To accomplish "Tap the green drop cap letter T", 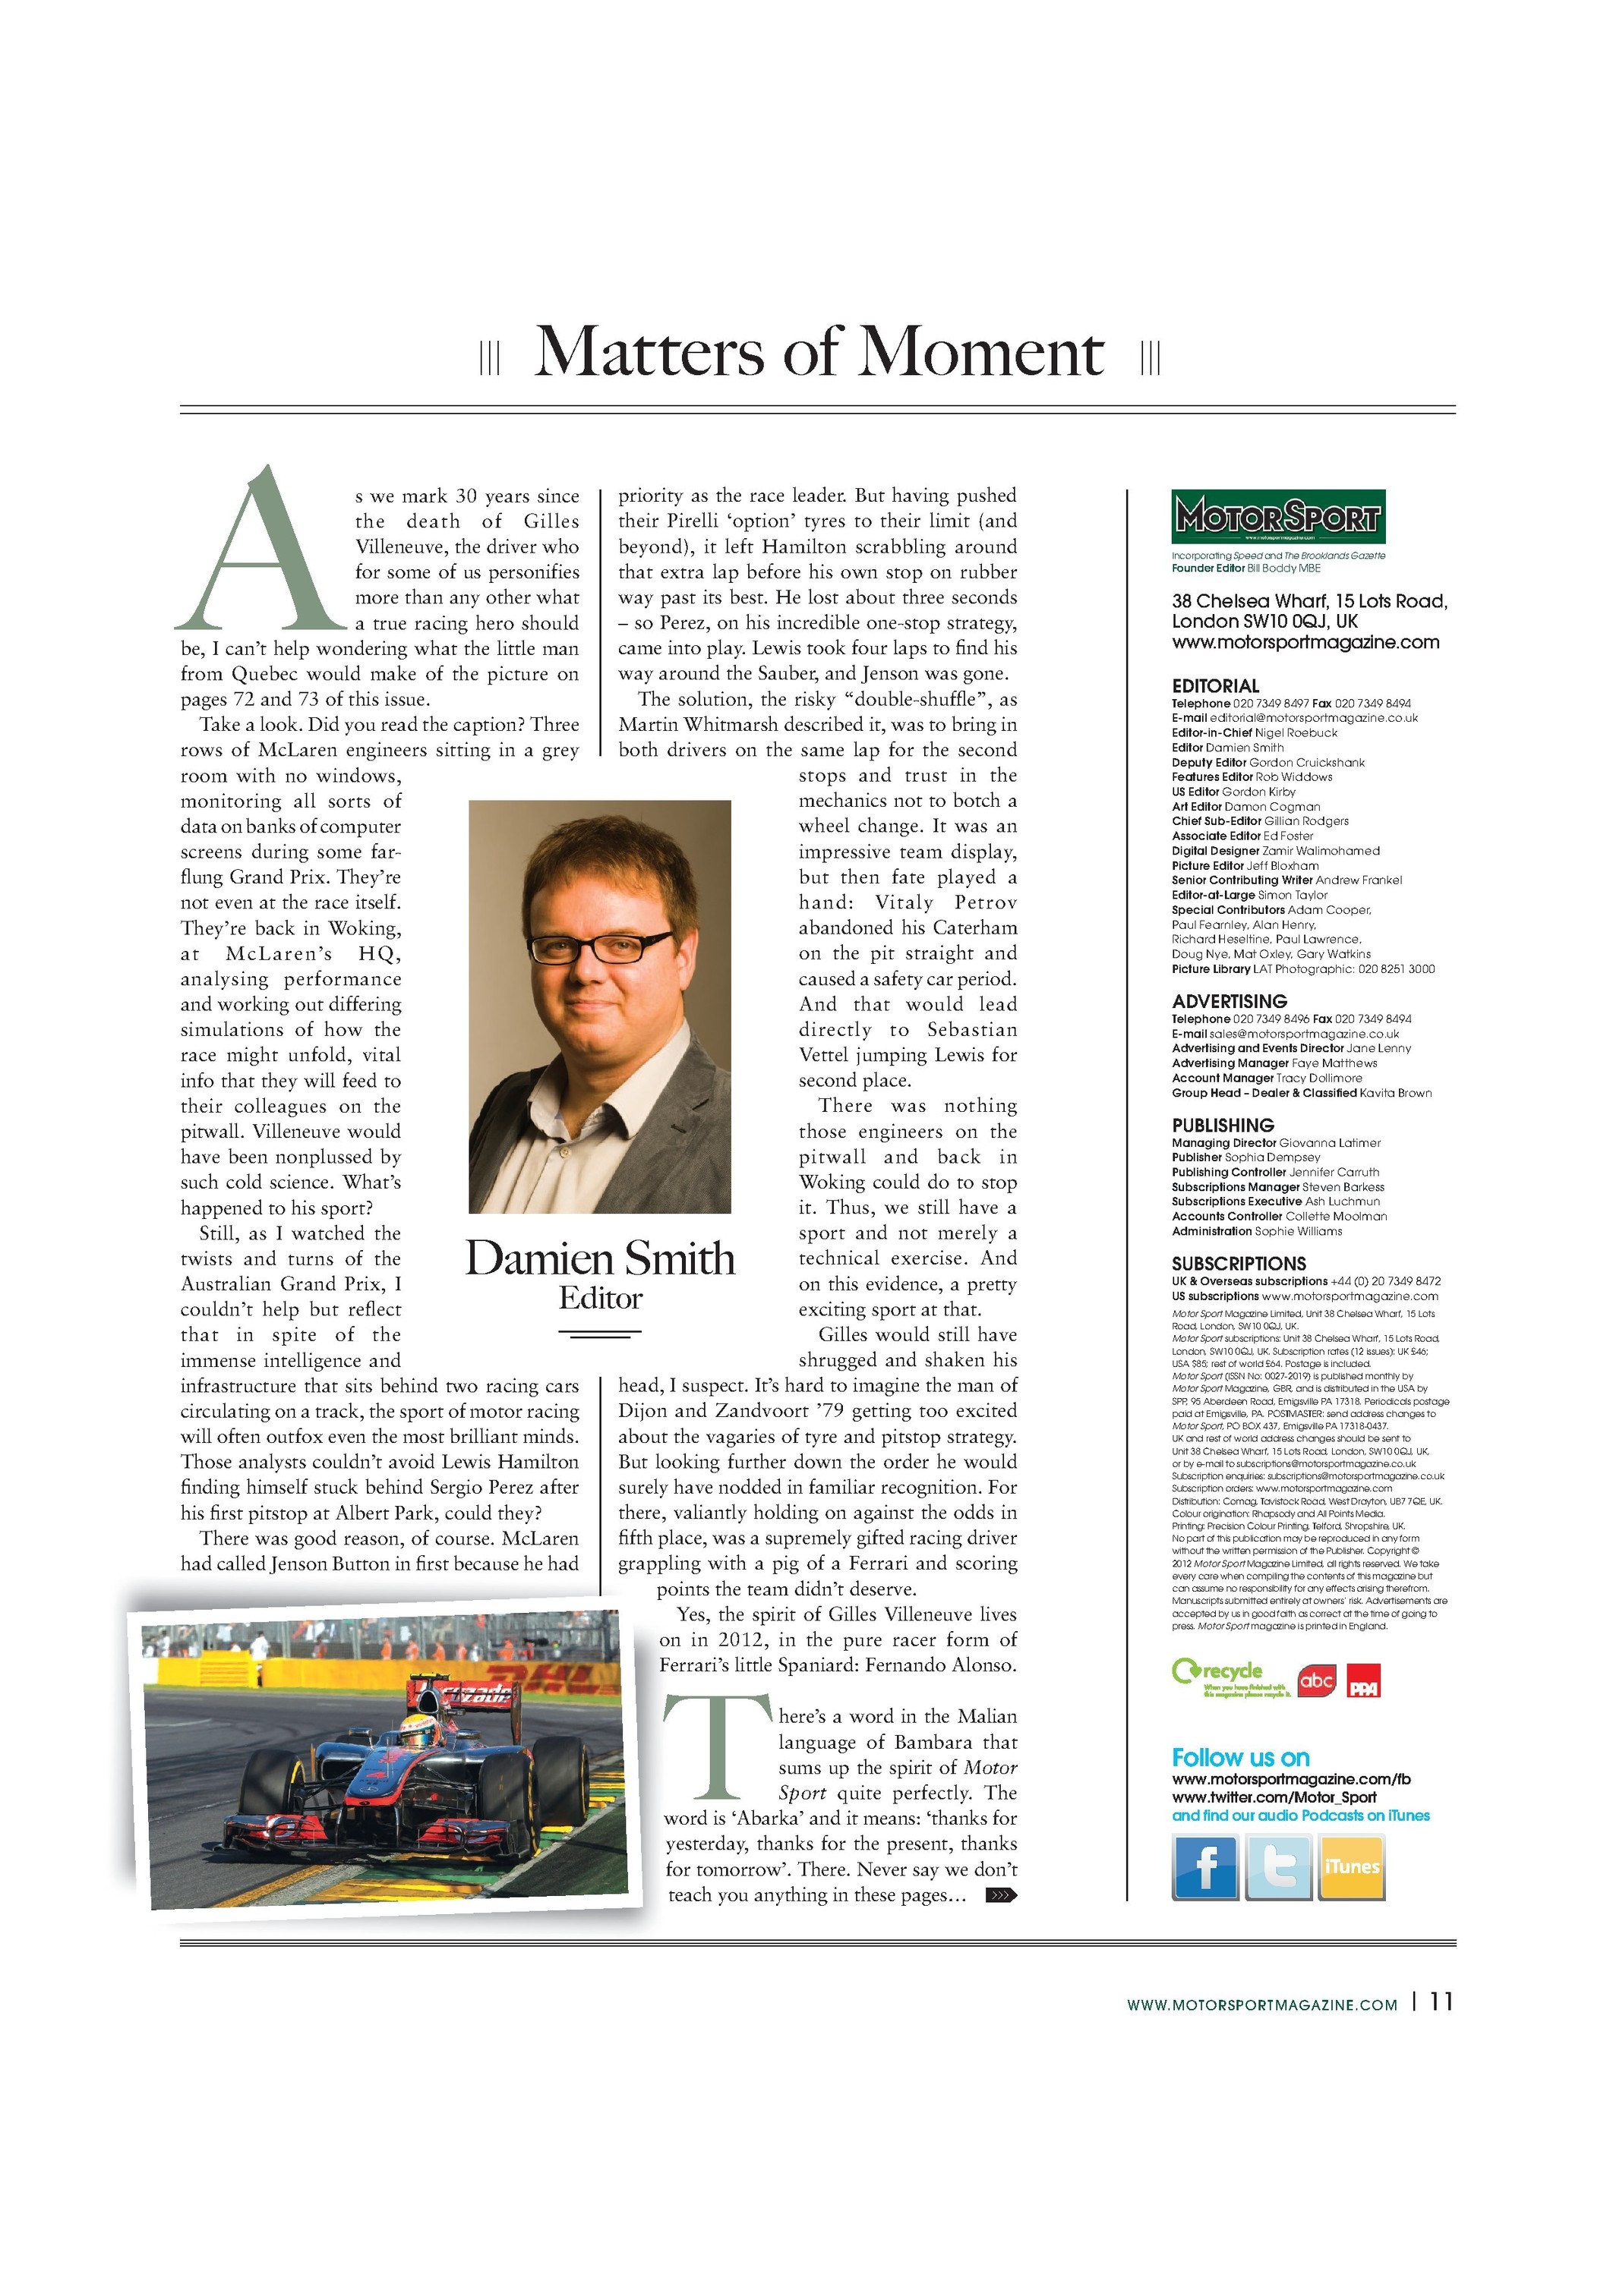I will pyautogui.click(x=716, y=1747).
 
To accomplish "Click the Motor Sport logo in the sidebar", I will pyautogui.click(x=1277, y=515).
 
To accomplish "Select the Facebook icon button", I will pyautogui.click(x=1204, y=1867).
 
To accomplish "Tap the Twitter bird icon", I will pyautogui.click(x=1277, y=1867).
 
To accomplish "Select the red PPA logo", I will pyautogui.click(x=1363, y=1683).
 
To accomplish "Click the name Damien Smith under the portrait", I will pyautogui.click(x=600, y=1258).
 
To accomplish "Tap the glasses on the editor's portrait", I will pyautogui.click(x=599, y=946).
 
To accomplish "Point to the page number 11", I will pyautogui.click(x=1441, y=2001).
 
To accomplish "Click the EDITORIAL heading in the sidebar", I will pyautogui.click(x=1215, y=685).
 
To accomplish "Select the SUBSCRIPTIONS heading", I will pyautogui.click(x=1238, y=1264).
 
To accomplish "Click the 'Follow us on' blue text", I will pyautogui.click(x=1240, y=1757).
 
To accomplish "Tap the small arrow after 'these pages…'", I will pyautogui.click(x=1001, y=1895).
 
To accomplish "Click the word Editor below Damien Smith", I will pyautogui.click(x=600, y=1298).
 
